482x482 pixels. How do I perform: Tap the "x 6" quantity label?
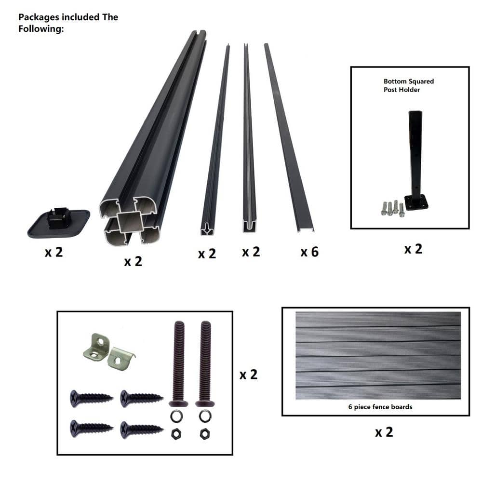[x=309, y=252]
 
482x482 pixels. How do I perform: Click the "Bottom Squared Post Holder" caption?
[x=409, y=85]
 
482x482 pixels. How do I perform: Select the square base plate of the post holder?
[x=416, y=203]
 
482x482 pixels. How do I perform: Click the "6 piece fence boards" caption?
[x=380, y=407]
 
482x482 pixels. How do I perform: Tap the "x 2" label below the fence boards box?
[x=384, y=432]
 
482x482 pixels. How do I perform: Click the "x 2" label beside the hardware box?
[x=248, y=375]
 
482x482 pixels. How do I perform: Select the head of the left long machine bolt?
[x=179, y=403]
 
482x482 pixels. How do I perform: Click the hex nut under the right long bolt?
[x=205, y=434]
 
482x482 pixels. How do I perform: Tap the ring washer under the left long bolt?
[x=177, y=416]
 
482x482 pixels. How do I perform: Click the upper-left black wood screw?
[x=91, y=399]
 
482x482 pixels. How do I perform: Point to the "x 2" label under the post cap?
[x=54, y=253]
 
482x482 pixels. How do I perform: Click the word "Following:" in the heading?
[x=41, y=29]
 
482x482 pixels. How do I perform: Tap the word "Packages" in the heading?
[x=39, y=17]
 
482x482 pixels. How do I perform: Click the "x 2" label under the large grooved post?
[x=133, y=262]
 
